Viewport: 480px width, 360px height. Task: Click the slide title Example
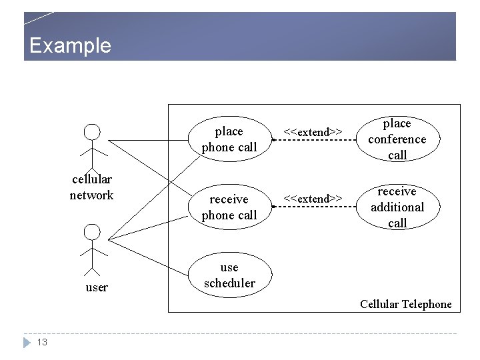tap(70, 45)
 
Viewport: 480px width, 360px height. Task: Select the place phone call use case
tap(229, 139)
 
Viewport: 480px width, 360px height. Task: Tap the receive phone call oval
tap(229, 207)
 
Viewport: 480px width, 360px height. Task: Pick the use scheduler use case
tap(229, 275)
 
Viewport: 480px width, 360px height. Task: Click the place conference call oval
tap(397, 139)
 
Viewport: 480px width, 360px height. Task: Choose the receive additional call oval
tap(397, 207)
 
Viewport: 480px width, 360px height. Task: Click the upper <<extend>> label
tap(313, 131)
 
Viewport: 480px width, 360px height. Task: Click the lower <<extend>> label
tap(313, 198)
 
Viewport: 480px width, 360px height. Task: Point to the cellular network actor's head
tap(92, 131)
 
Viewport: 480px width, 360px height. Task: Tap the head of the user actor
tap(92, 231)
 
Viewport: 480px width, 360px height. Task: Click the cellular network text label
tap(92, 187)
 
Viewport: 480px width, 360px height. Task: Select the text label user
tap(97, 287)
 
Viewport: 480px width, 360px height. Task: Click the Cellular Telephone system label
tap(405, 304)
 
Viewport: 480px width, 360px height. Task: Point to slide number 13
tap(42, 342)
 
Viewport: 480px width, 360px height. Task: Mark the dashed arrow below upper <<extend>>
tap(313, 141)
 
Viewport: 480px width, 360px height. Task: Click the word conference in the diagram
tap(397, 139)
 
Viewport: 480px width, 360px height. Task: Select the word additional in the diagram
tap(397, 207)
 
